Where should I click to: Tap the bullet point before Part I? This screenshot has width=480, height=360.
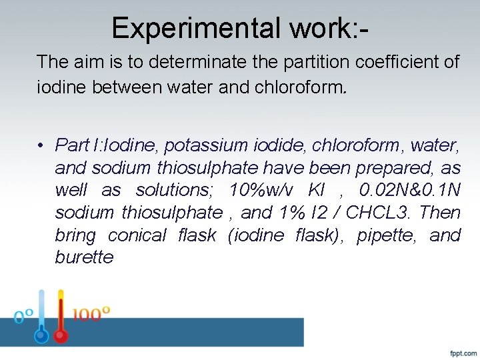point(41,145)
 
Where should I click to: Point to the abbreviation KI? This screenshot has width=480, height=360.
point(318,190)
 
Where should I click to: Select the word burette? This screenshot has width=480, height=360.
point(84,258)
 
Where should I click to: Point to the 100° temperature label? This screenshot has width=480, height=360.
point(90,313)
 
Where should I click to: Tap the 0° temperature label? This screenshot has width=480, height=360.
point(24,316)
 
